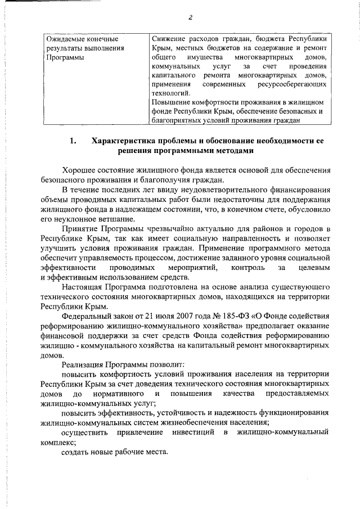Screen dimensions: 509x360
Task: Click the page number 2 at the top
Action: [x=191, y=17]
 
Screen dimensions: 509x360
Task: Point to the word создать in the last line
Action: [x=76, y=452]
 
